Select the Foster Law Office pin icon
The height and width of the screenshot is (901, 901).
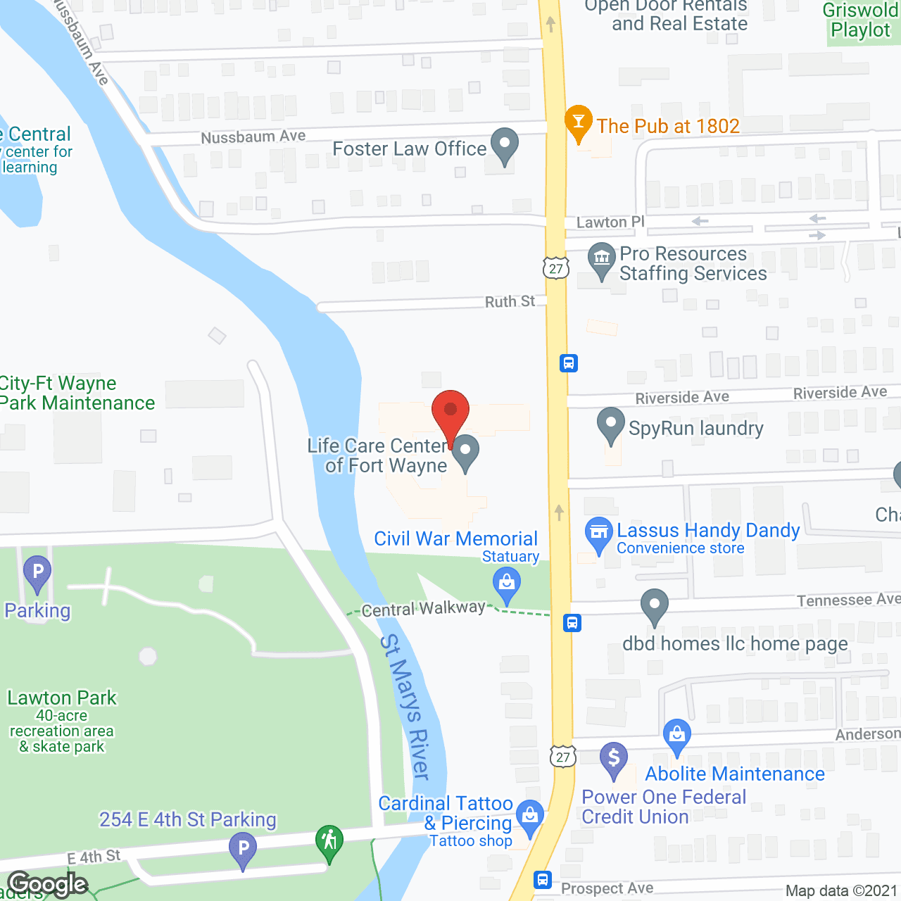click(504, 145)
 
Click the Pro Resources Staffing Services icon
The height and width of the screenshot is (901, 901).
click(601, 258)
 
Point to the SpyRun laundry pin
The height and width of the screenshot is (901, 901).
click(610, 424)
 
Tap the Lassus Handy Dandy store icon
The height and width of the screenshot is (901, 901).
click(599, 534)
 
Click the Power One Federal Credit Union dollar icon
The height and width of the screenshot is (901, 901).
click(614, 759)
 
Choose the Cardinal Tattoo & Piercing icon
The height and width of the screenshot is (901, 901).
click(530, 817)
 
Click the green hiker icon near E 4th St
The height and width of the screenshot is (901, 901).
click(329, 841)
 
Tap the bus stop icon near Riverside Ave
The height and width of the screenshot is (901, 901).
click(569, 363)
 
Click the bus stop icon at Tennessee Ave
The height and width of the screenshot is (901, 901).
click(572, 623)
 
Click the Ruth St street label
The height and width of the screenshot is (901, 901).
click(510, 301)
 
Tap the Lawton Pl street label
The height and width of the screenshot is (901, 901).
click(610, 222)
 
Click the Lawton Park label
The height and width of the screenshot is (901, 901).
click(62, 698)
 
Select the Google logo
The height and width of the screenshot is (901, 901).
click(48, 884)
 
